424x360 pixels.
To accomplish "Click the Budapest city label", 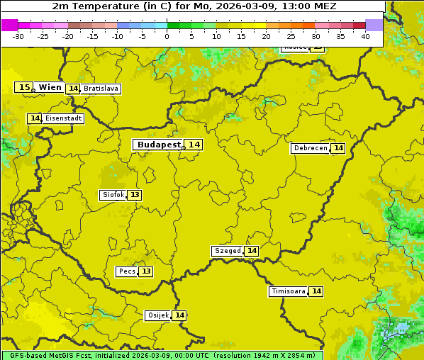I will click(159, 145).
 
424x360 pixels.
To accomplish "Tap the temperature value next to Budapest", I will click(194, 145).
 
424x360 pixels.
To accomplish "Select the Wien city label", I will click(50, 87).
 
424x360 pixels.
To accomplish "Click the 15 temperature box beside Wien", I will click(24, 87).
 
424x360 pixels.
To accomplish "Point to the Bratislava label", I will click(100, 89).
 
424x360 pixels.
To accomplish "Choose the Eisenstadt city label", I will click(63, 118).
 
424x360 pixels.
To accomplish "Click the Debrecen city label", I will click(310, 148).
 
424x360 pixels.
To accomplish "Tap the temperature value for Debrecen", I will click(338, 148).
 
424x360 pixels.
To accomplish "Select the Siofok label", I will click(112, 195).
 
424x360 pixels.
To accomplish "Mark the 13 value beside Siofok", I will click(135, 195).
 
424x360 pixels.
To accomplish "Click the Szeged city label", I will click(227, 251).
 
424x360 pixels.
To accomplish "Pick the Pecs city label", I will click(127, 271).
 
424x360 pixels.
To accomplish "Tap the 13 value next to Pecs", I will click(146, 271).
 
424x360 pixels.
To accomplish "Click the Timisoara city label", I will click(289, 291).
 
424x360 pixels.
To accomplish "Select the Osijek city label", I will click(157, 315).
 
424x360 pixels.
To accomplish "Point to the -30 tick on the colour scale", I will click(18, 35).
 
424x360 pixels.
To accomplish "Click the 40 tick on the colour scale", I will click(365, 35).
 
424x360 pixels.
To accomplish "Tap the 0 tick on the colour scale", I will click(167, 35).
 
